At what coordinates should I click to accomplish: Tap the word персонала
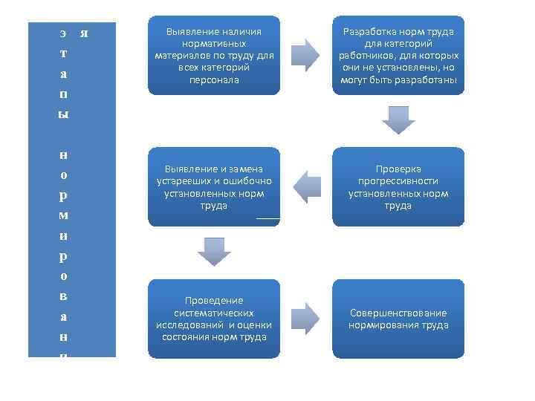[214, 79]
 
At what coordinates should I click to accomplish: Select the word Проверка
[398, 169]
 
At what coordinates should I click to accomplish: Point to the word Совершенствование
[398, 313]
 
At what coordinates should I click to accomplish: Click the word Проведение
[214, 300]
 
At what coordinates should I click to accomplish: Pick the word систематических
[214, 313]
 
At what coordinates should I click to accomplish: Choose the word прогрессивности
[398, 181]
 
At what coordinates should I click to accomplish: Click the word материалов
[184, 56]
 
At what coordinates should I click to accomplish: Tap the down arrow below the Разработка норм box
[398, 119]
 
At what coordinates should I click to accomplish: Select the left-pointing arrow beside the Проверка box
[305, 186]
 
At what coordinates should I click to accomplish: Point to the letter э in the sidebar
[63, 33]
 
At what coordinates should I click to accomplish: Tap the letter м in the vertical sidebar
[64, 215]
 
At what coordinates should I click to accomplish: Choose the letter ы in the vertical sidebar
[64, 114]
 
